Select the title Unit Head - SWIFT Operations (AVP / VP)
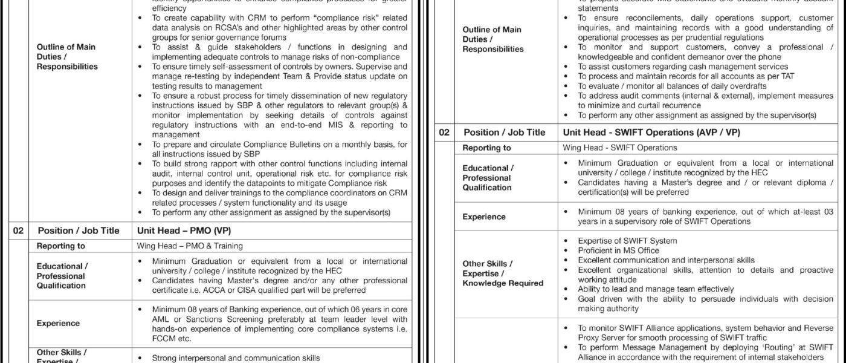(x=651, y=132)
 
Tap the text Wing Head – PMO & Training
(x=190, y=246)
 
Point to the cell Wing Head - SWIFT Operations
(x=620, y=148)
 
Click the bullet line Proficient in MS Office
(x=618, y=250)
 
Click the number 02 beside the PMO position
(x=19, y=231)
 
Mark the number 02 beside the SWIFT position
(x=445, y=132)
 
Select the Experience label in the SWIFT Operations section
(x=483, y=217)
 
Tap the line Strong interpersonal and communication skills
(x=236, y=358)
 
